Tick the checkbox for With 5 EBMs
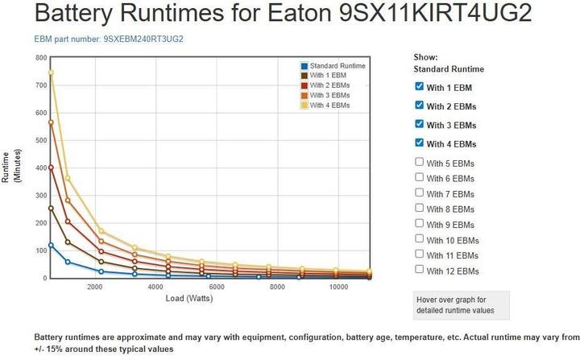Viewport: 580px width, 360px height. pyautogui.click(x=419, y=163)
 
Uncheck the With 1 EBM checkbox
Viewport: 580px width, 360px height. pyautogui.click(x=419, y=86)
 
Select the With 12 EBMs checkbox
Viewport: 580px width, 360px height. pyautogui.click(x=419, y=270)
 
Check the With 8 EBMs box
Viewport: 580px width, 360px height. pyautogui.click(x=419, y=209)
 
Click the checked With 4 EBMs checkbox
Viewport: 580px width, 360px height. pyautogui.click(x=419, y=143)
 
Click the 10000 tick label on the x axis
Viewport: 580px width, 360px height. pyautogui.click(x=338, y=287)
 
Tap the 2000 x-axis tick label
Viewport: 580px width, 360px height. pyautogui.click(x=95, y=287)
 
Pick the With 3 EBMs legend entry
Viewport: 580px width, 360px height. pyautogui.click(x=329, y=95)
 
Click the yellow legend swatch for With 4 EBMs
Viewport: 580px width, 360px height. pyautogui.click(x=304, y=105)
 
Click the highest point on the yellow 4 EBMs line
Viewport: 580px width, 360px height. pyautogui.click(x=50, y=72)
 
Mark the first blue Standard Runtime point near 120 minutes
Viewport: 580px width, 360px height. pyautogui.click(x=50, y=245)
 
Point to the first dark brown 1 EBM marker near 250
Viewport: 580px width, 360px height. pyautogui.click(x=50, y=208)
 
